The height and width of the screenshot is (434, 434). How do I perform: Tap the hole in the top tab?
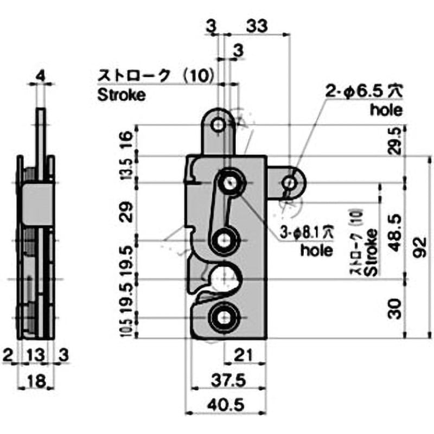pos(219,125)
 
